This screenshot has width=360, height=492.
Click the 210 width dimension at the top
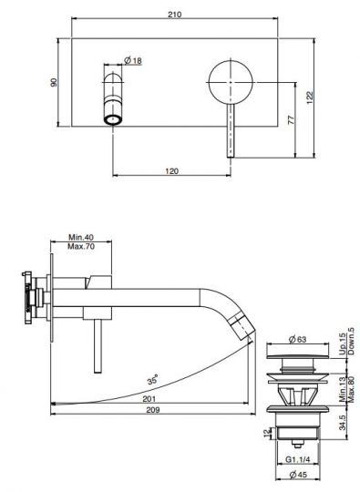click(174, 15)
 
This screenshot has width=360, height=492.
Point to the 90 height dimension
click(54, 82)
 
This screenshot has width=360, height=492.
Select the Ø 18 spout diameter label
click(133, 60)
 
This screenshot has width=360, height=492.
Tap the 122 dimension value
click(310, 97)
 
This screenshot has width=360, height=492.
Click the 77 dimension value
click(292, 120)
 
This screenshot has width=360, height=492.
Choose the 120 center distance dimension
click(171, 171)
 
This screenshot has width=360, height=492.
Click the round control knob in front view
click(231, 82)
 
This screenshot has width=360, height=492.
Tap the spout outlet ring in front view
click(113, 119)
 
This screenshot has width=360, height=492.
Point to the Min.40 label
click(81, 237)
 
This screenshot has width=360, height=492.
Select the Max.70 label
click(81, 246)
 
